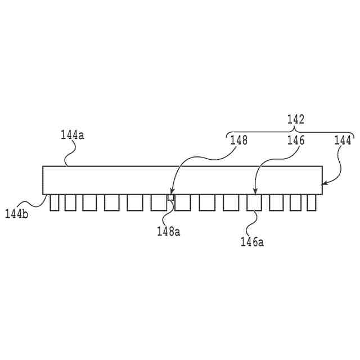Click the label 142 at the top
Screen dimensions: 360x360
pos(295,119)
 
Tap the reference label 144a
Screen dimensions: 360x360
pos(72,135)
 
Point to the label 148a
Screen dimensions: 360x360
pos(168,230)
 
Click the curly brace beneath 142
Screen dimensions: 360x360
pos(290,131)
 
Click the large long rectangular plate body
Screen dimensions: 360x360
pos(182,180)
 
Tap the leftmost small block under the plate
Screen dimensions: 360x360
pos(54,202)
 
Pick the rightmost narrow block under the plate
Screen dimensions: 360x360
pos(312,202)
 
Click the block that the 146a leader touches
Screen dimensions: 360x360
pos(254,202)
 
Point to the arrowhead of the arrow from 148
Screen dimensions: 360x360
pos(171,195)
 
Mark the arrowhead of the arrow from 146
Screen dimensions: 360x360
pos(255,193)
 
